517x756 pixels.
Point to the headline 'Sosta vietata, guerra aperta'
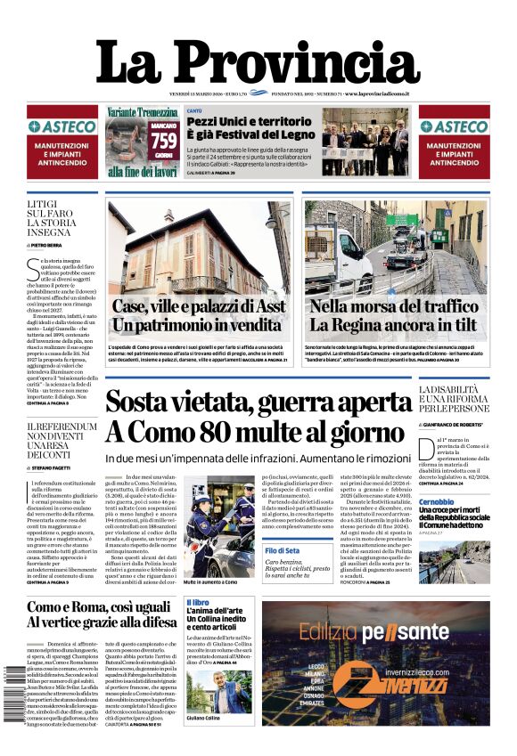(x=258, y=402)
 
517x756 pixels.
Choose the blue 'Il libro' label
(x=198, y=603)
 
